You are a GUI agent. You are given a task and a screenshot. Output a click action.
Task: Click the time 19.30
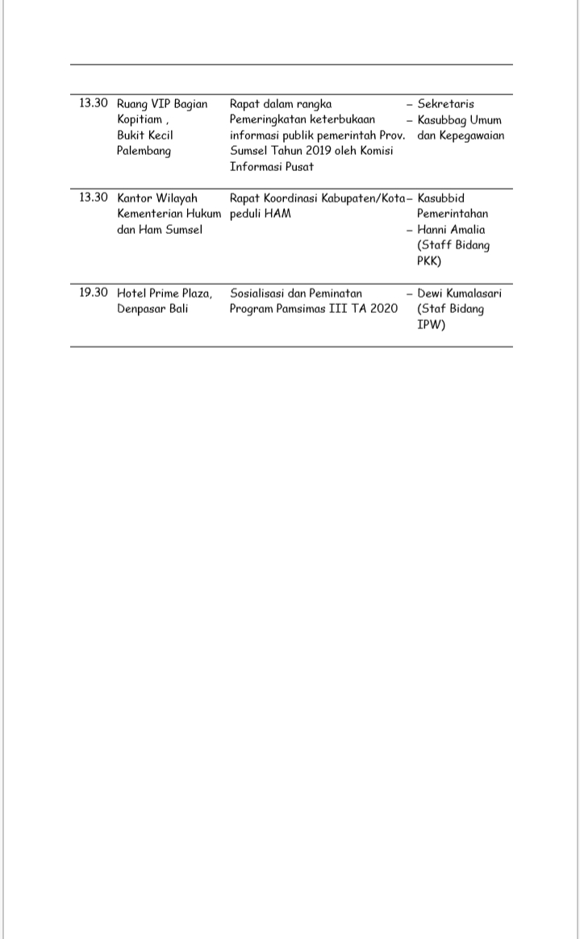[x=93, y=293]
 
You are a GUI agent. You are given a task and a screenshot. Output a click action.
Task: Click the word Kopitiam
[x=140, y=119]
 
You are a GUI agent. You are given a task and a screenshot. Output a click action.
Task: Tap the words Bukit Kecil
[x=145, y=135]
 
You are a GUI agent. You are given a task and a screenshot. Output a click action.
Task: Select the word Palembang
[x=144, y=151]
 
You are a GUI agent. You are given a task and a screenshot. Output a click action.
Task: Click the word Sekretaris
[x=446, y=104]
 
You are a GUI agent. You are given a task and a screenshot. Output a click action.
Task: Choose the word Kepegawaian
[x=472, y=136]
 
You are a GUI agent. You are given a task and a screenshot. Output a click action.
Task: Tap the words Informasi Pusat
[x=272, y=167]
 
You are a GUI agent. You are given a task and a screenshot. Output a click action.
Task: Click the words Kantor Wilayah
[x=157, y=198]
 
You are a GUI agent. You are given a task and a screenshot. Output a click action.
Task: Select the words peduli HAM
[x=261, y=214]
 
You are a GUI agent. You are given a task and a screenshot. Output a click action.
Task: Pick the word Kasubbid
[x=440, y=198]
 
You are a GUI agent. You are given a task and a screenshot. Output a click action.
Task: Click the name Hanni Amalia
[x=451, y=230]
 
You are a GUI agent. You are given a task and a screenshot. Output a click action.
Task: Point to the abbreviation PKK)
[x=429, y=261]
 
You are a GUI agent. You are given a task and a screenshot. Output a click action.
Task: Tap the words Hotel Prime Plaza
[x=165, y=294]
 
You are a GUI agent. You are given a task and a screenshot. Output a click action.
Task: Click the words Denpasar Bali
[x=152, y=309]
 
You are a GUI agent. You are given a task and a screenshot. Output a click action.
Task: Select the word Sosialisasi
[x=257, y=294]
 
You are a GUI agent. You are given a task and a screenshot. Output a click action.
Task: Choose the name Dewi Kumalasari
[x=459, y=294]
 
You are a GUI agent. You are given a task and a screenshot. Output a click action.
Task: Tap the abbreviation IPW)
[x=432, y=324]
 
